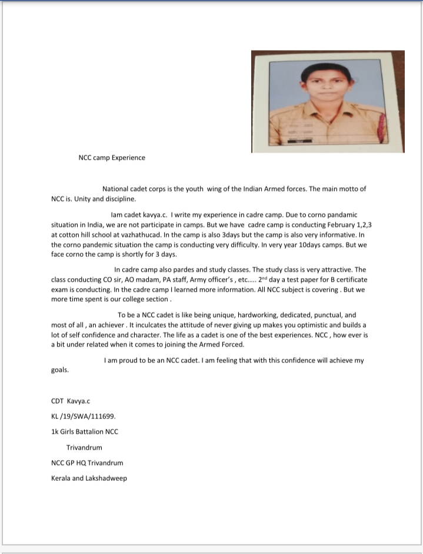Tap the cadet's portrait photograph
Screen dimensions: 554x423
[x=328, y=101]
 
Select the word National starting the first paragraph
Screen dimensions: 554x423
[x=116, y=189]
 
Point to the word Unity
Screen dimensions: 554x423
[x=83, y=199]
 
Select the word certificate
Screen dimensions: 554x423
[x=347, y=279]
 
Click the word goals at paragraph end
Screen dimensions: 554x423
[x=59, y=370]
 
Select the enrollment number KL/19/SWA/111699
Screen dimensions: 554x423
[x=79, y=416]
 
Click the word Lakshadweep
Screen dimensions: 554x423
[x=106, y=478]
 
